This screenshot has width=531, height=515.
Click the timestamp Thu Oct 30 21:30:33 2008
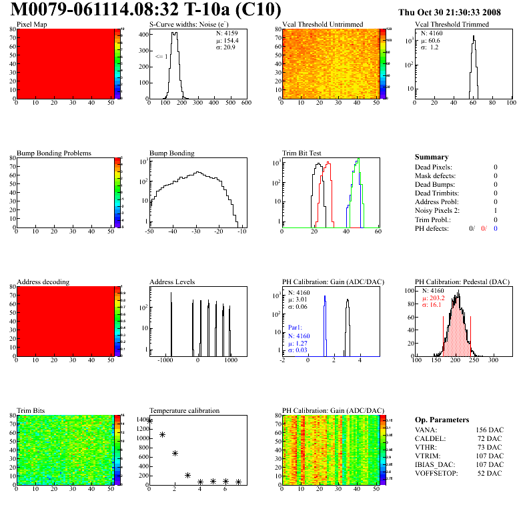458,13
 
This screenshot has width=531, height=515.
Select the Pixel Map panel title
31,25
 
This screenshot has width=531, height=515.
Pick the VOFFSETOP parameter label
438,474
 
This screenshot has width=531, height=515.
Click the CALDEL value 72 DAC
489,439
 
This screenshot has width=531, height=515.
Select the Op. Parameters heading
440,419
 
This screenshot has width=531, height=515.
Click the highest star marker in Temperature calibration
149,421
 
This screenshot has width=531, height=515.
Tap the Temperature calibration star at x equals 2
175,453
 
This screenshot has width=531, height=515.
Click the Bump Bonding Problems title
54,153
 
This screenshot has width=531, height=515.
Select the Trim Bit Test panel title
302,153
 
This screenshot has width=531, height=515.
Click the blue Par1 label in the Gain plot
295,328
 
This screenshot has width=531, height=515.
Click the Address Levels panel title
173,282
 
